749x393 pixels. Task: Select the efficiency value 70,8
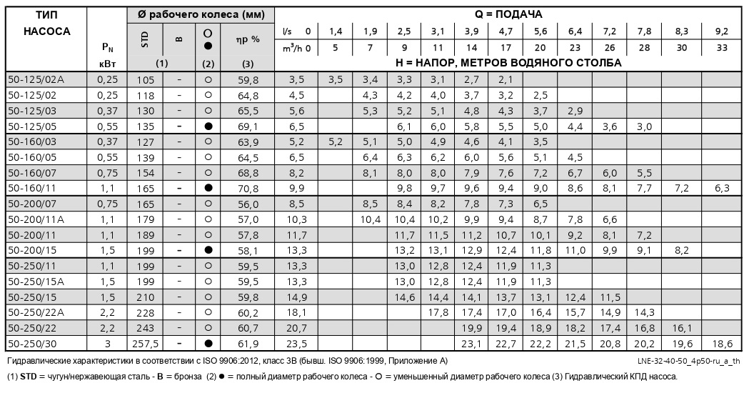point(247,188)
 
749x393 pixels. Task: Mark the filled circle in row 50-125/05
point(208,126)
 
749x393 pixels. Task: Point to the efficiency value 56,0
point(247,204)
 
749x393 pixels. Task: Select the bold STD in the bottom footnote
point(28,377)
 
